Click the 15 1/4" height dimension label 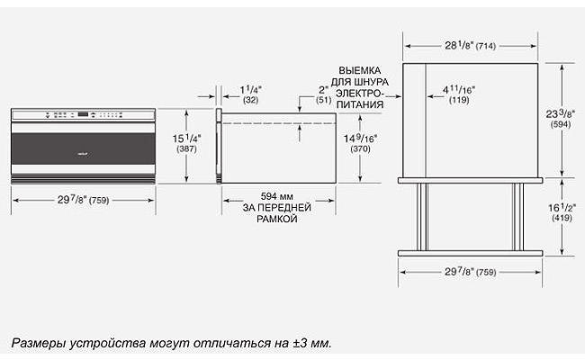pyautogui.click(x=186, y=139)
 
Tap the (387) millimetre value pyautogui.click(x=186, y=149)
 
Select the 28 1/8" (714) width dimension pyautogui.click(x=470, y=46)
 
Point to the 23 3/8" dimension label pyautogui.click(x=561, y=113)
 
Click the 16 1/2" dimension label pyautogui.click(x=562, y=207)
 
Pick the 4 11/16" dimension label pyautogui.click(x=459, y=90)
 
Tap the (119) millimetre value pyautogui.click(x=459, y=100)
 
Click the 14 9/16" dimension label pyautogui.click(x=360, y=139)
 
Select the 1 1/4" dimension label pyautogui.click(x=251, y=90)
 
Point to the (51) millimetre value pyautogui.click(x=323, y=100)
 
